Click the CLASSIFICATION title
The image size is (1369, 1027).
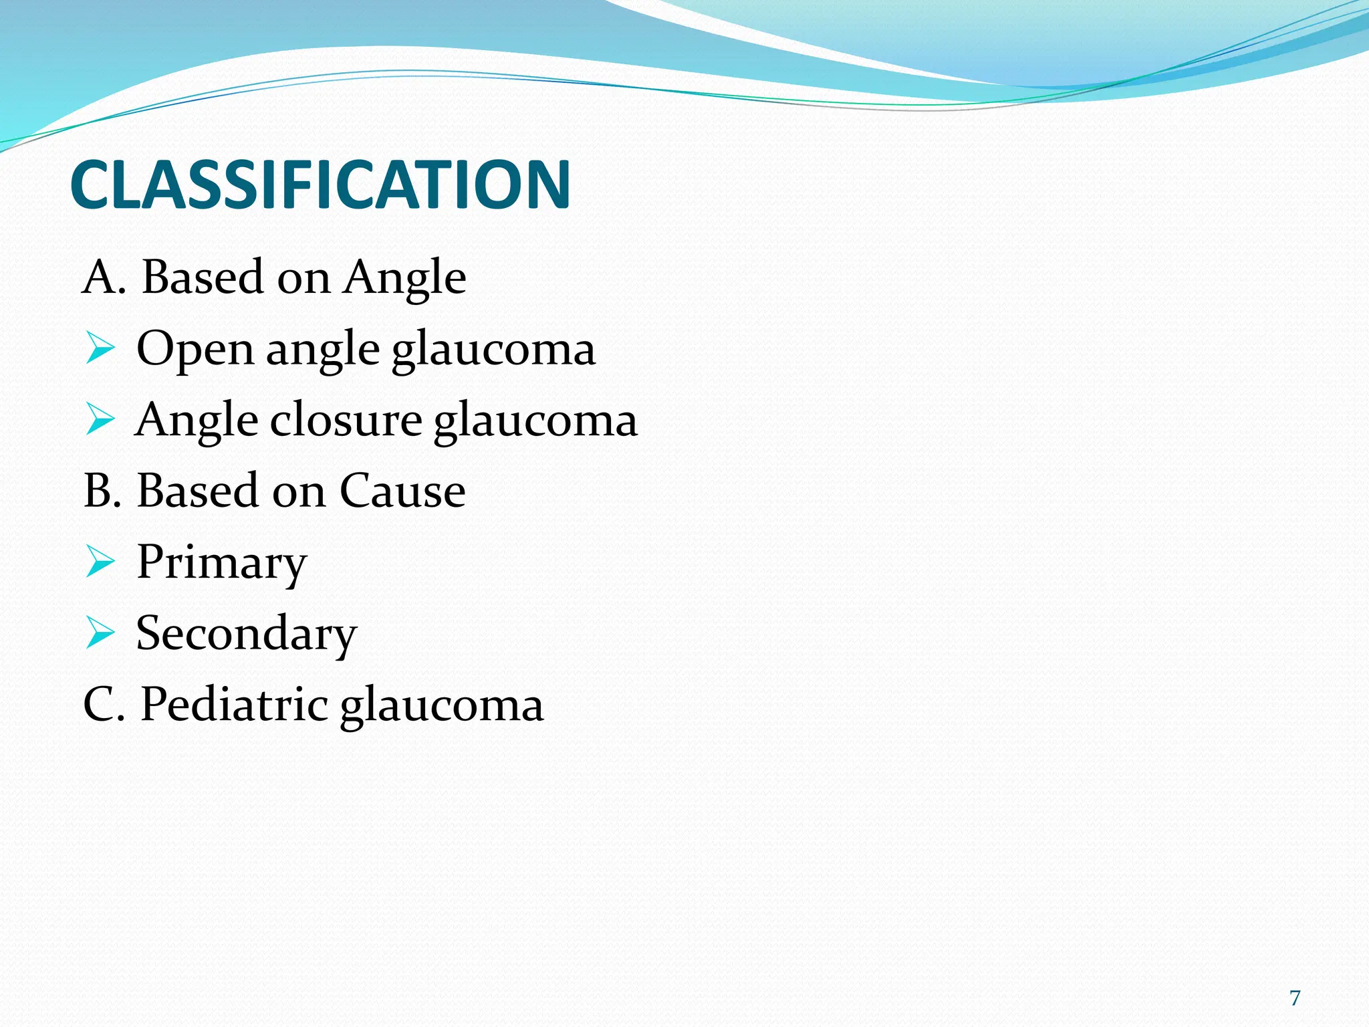point(320,185)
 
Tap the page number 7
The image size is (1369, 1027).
point(1295,998)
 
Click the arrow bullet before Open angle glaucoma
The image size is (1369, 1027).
point(100,350)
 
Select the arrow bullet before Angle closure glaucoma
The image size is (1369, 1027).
point(100,421)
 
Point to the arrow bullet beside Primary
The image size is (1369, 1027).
point(100,562)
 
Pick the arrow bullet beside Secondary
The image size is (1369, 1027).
point(100,633)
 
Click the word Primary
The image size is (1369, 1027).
point(221,563)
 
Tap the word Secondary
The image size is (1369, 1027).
point(246,634)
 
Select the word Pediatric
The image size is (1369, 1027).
point(234,705)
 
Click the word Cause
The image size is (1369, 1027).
point(402,491)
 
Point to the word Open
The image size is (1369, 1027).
point(195,350)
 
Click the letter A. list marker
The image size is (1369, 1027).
point(104,277)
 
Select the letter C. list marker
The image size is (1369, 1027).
point(104,705)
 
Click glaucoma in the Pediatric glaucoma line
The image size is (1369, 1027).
point(442,706)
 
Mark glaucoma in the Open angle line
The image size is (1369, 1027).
point(493,350)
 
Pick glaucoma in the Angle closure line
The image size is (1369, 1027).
point(535,422)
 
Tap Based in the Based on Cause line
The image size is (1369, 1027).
point(198,491)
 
